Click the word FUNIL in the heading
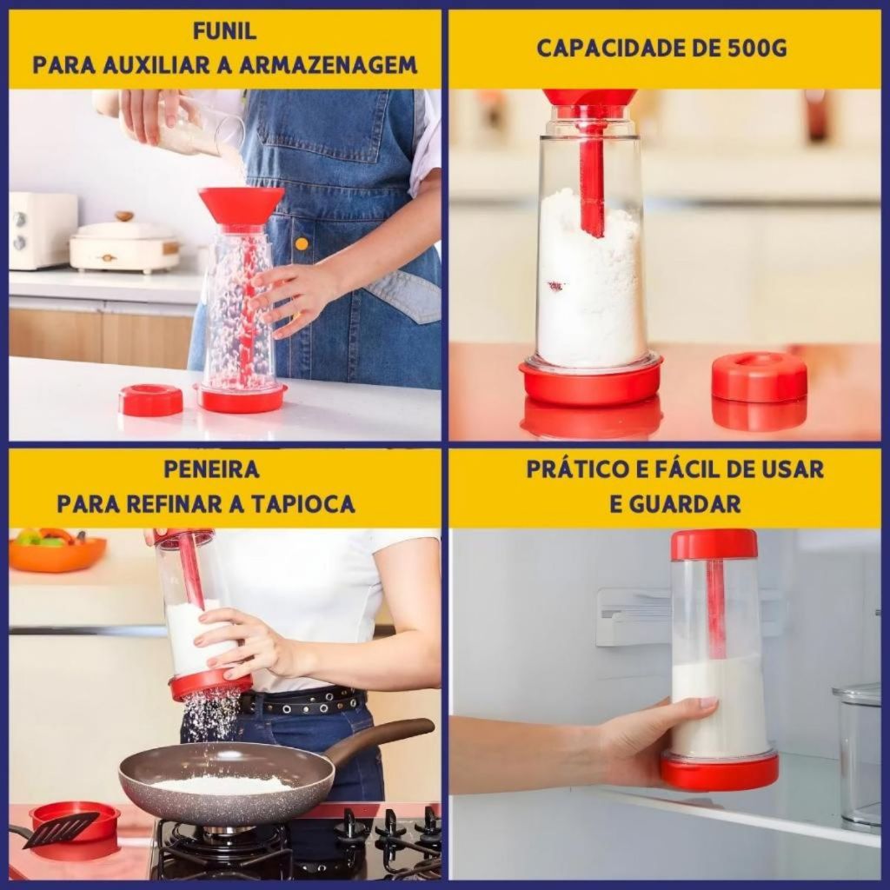pos(224,31)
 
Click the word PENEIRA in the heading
pos(211,469)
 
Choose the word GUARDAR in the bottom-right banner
pos(674,503)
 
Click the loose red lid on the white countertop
pos(150,400)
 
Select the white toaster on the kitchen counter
pos(42,230)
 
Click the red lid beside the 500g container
pos(759,377)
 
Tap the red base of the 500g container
pos(590,382)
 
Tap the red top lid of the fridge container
pos(714,544)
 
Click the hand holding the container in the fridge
pos(652,739)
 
